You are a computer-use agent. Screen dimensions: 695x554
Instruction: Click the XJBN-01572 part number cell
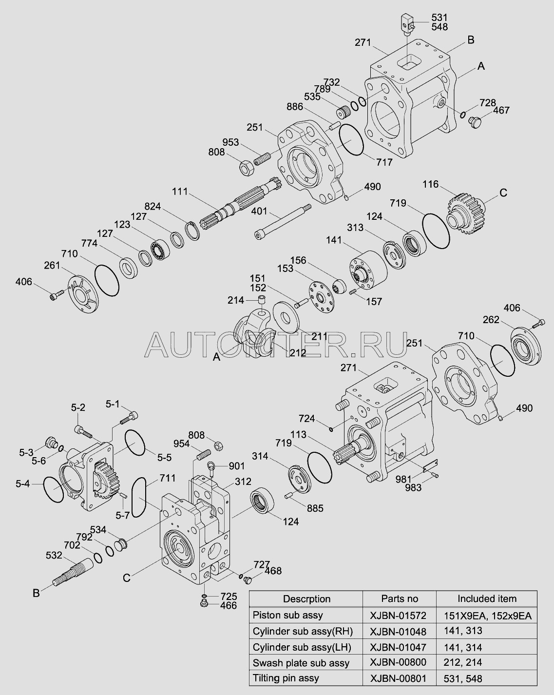pos(398,615)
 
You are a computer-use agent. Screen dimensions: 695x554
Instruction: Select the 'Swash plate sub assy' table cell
pos(301,663)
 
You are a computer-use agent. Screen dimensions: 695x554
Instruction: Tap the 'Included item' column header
pos(486,598)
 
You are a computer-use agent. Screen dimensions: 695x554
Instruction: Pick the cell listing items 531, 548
pos(463,678)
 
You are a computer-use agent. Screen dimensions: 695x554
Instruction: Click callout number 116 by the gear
pos(430,185)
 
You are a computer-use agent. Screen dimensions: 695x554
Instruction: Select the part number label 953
pos(231,142)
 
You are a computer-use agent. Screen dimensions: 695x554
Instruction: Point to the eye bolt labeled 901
pos(212,468)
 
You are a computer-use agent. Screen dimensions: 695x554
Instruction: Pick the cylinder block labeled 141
pos(366,268)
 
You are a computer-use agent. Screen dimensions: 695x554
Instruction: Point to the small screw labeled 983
pos(438,475)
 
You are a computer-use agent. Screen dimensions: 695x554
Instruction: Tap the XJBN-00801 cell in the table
pos(398,678)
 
